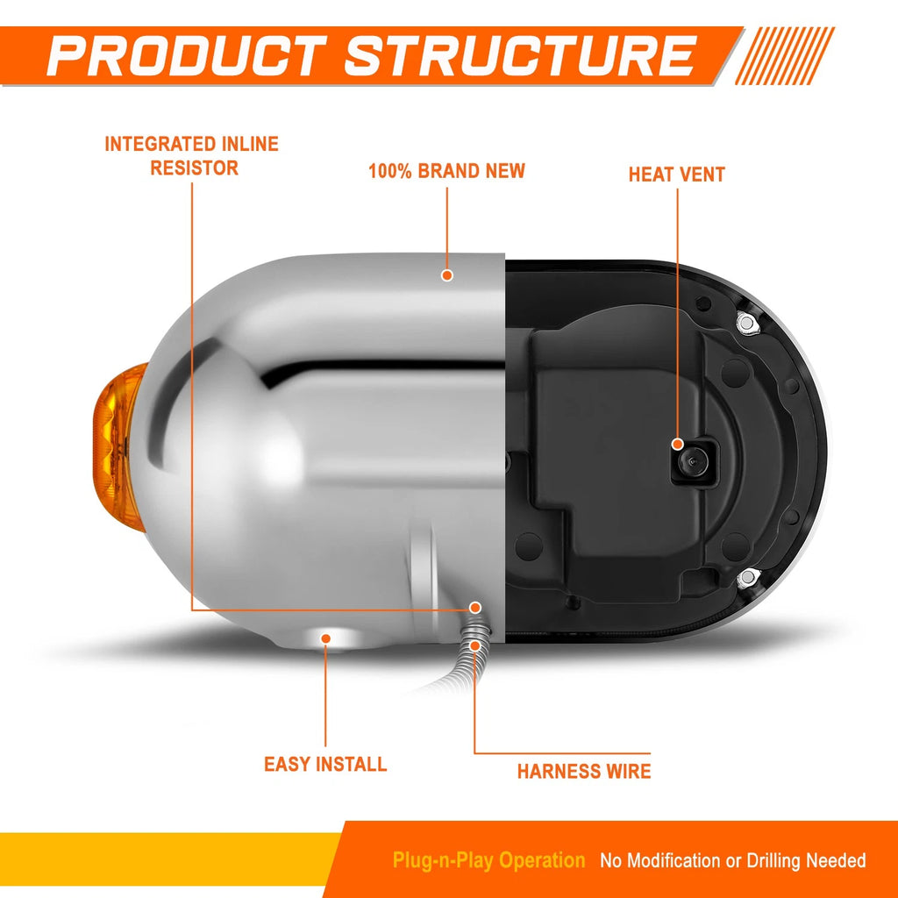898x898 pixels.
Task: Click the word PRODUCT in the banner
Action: pyautogui.click(x=186, y=55)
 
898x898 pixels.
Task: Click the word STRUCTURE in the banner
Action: pyautogui.click(x=520, y=55)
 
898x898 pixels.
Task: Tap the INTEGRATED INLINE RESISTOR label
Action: pyautogui.click(x=192, y=156)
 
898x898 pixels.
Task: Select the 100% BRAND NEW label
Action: pyautogui.click(x=446, y=171)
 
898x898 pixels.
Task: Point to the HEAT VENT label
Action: pyautogui.click(x=677, y=175)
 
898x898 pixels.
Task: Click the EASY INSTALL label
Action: pyautogui.click(x=325, y=764)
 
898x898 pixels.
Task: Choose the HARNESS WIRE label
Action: pyautogui.click(x=584, y=772)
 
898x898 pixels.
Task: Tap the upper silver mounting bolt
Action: pyautogui.click(x=746, y=323)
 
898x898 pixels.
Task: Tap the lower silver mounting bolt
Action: pyautogui.click(x=745, y=579)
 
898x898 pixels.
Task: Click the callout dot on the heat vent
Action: pyautogui.click(x=678, y=445)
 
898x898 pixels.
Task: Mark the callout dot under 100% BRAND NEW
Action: pyautogui.click(x=447, y=275)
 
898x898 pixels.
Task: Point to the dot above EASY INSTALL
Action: pyautogui.click(x=326, y=638)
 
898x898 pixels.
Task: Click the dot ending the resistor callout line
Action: pyautogui.click(x=475, y=608)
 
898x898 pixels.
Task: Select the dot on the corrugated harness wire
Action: pyautogui.click(x=474, y=645)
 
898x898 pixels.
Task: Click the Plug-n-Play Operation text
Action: pyautogui.click(x=488, y=860)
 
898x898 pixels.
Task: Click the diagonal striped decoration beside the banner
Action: pyautogui.click(x=785, y=55)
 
